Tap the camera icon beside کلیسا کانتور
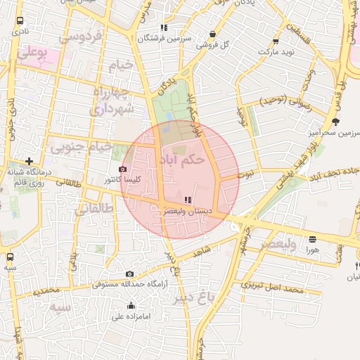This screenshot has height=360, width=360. coord(124,169)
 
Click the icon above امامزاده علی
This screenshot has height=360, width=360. coord(131,306)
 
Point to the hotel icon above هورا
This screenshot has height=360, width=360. coord(312,239)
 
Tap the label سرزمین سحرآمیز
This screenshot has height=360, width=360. coord(333,131)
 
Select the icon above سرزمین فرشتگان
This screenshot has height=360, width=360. coord(164,28)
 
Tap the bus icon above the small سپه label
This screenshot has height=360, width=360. coord(10,257)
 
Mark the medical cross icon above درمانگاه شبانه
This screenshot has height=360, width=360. coord(29,161)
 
